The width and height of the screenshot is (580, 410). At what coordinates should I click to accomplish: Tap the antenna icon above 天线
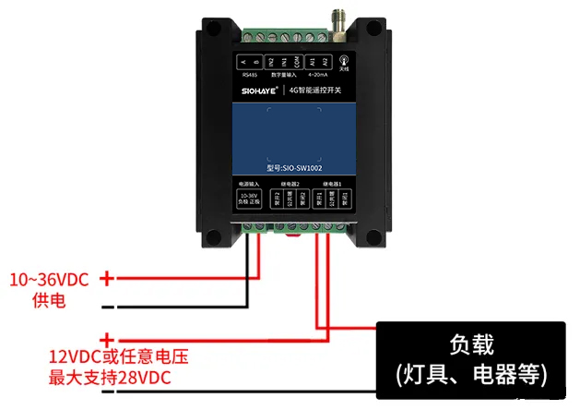pos(344,58)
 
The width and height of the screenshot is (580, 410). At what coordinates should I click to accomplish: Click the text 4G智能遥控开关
pos(314,90)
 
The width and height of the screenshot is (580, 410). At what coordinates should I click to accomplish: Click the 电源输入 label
pos(249,186)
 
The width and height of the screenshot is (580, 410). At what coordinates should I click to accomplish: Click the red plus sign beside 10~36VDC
pos(108,277)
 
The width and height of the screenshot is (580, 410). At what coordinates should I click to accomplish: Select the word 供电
pos(49,299)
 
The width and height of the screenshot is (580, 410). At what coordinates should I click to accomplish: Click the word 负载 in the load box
pos(471,345)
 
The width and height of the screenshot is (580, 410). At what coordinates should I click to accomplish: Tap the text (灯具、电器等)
pos(471,374)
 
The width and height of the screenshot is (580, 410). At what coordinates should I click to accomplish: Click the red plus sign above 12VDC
pos(108,339)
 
